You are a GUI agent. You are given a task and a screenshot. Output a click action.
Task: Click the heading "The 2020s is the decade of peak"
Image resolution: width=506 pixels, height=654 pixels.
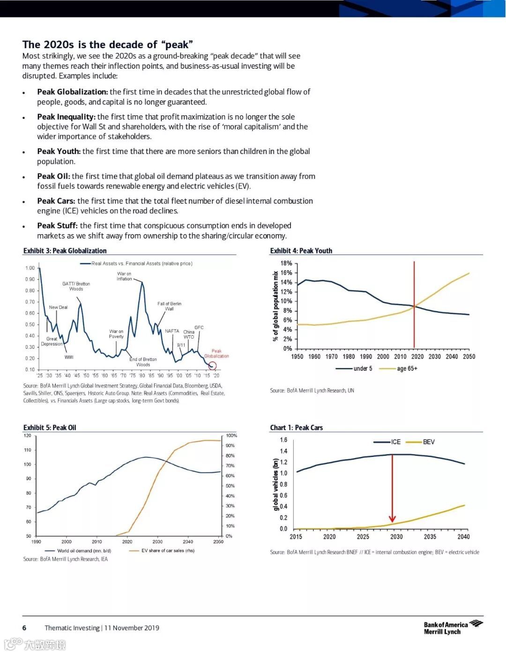(x=108, y=44)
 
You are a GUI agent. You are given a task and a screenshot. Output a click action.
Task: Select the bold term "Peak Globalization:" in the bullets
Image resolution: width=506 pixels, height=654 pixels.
(x=72, y=92)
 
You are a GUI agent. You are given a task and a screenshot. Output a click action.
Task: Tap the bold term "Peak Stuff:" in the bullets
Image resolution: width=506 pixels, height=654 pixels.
(x=57, y=226)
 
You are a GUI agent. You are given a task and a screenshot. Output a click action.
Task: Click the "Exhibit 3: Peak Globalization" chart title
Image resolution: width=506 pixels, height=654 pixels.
(x=65, y=251)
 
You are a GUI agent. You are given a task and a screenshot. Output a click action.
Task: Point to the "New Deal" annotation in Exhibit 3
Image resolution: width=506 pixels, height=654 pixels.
(x=58, y=308)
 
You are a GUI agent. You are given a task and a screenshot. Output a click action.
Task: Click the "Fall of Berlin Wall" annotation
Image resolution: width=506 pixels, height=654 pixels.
(x=169, y=306)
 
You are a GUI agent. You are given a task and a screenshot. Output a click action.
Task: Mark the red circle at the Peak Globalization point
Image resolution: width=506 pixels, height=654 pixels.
(x=212, y=366)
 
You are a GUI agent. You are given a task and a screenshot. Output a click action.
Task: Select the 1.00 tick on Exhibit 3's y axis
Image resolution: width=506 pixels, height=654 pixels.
(x=30, y=268)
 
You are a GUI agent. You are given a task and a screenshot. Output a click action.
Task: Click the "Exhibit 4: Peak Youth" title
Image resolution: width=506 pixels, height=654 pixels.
(x=301, y=251)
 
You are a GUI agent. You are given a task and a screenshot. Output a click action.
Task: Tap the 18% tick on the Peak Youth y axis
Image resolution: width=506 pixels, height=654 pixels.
(x=286, y=264)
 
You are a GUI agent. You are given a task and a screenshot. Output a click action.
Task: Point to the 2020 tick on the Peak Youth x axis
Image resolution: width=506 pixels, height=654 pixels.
(x=417, y=357)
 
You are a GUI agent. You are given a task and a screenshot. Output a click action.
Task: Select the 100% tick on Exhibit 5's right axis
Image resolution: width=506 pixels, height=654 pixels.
(x=231, y=436)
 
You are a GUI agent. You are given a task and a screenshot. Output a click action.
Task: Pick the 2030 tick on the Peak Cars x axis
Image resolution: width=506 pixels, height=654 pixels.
(x=396, y=537)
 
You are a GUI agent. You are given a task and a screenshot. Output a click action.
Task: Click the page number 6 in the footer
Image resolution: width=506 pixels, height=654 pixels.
(x=24, y=628)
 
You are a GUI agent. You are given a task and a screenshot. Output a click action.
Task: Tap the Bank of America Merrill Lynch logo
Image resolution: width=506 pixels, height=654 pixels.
(x=453, y=628)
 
